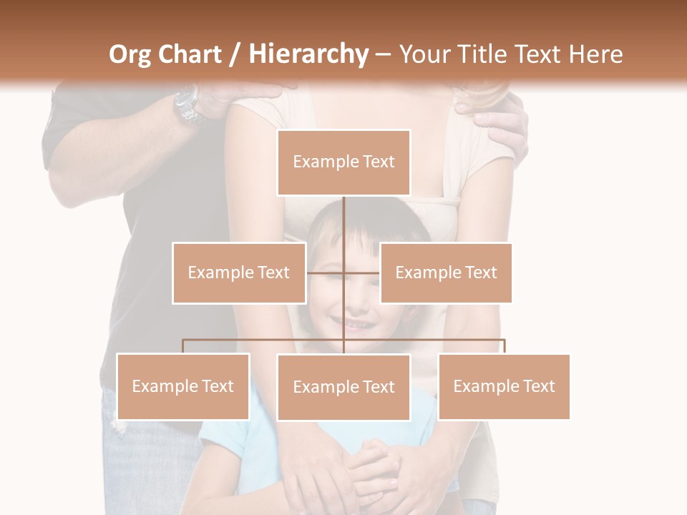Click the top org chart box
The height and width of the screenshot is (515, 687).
pyautogui.click(x=343, y=162)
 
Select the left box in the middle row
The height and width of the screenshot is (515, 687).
pyautogui.click(x=239, y=273)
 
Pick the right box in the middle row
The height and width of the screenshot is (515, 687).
pyautogui.click(x=446, y=273)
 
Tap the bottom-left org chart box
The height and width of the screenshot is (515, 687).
pyautogui.click(x=183, y=386)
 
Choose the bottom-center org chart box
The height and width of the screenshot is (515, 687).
pyautogui.click(x=343, y=387)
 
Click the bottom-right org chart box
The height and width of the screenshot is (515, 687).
pyautogui.click(x=504, y=386)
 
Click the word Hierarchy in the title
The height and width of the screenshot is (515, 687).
pyautogui.click(x=308, y=54)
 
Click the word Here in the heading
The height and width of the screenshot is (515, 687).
pyautogui.click(x=595, y=54)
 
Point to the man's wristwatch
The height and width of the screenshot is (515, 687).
pyautogui.click(x=188, y=106)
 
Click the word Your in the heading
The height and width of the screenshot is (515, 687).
pyautogui.click(x=425, y=54)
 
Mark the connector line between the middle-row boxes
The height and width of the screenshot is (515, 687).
pyautogui.click(x=343, y=273)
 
